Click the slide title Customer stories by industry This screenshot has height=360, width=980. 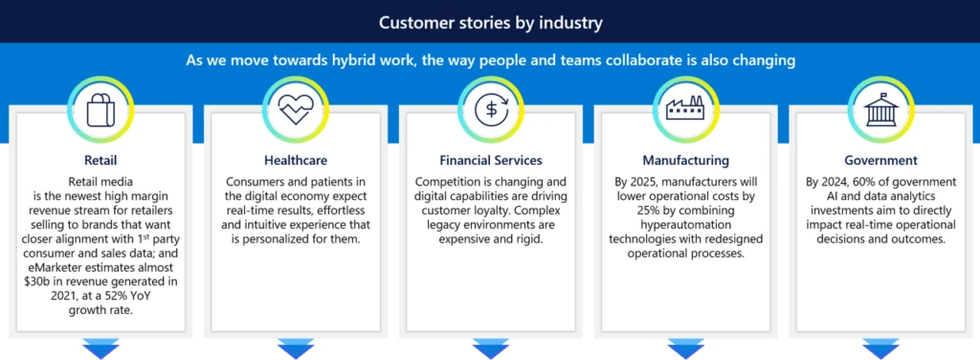[490, 21]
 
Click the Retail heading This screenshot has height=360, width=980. [100, 161]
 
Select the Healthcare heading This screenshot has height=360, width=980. [296, 161]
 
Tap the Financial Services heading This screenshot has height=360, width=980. [490, 161]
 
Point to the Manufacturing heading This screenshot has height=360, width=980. [685, 161]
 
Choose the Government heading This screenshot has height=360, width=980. [880, 161]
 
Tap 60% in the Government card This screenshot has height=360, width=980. [876, 182]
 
